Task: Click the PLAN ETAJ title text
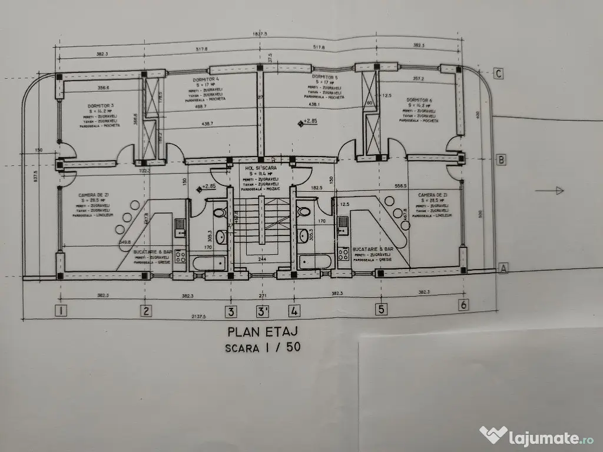coord(263,331)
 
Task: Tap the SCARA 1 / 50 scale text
coord(263,347)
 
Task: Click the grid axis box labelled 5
coord(382,308)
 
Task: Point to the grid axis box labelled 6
coord(464,304)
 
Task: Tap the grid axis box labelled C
coord(498,74)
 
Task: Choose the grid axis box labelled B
coord(501,160)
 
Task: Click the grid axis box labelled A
coord(503,268)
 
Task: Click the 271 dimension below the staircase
coord(262,295)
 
